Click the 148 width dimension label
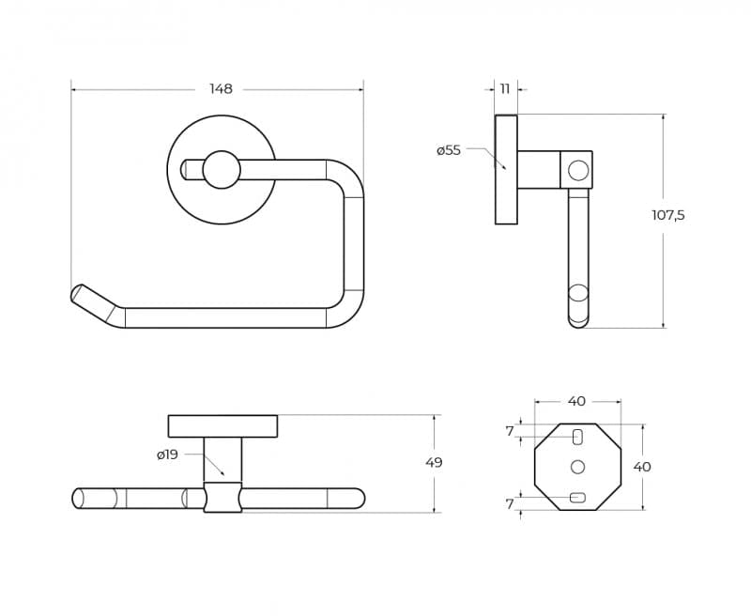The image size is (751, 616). click(x=221, y=89)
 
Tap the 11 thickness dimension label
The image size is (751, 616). click(x=505, y=89)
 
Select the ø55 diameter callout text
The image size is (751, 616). click(x=449, y=150)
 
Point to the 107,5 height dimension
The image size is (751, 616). click(x=668, y=216)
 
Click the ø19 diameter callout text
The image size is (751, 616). click(x=167, y=454)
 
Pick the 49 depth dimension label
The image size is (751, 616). click(x=434, y=463)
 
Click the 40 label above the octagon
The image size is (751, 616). click(x=577, y=401)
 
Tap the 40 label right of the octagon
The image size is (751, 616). click(x=642, y=467)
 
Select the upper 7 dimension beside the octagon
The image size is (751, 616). click(x=510, y=432)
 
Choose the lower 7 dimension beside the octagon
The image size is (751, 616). click(x=510, y=504)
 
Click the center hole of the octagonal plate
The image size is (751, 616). click(x=578, y=467)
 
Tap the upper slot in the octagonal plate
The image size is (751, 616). click(x=578, y=437)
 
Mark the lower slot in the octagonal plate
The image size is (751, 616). click(x=577, y=498)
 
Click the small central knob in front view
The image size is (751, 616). click(x=222, y=170)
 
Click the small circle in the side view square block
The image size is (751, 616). click(x=578, y=171)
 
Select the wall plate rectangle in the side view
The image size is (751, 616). click(x=506, y=170)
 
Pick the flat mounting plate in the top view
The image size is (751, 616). click(x=222, y=426)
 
